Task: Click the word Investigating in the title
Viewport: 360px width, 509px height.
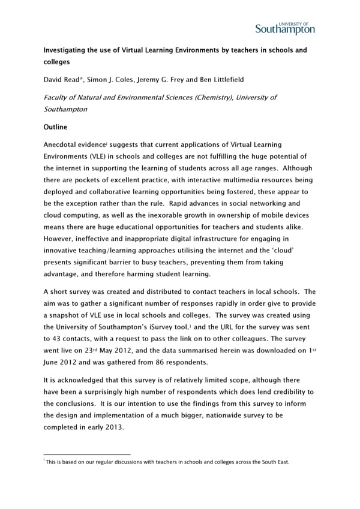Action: pos(67,50)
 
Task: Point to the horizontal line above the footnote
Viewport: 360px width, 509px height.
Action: pos(88,454)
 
